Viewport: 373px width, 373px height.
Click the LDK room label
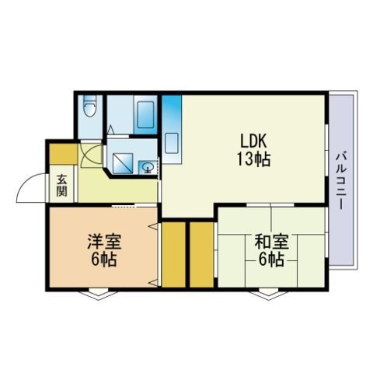click(x=253, y=141)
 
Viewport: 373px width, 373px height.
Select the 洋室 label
click(x=104, y=241)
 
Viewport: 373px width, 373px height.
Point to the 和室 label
click(x=271, y=241)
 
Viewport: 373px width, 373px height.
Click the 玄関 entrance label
click(x=62, y=186)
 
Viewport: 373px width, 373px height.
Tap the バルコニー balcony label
click(x=341, y=181)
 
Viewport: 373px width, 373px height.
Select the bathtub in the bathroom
click(x=145, y=114)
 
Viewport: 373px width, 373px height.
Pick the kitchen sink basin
click(x=172, y=143)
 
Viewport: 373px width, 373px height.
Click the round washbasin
click(x=148, y=167)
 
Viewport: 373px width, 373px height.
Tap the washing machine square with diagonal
click(x=123, y=164)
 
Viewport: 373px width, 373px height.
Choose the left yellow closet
click(x=173, y=255)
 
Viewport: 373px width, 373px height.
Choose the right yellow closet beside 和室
click(x=201, y=255)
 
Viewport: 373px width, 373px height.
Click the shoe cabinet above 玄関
click(x=64, y=154)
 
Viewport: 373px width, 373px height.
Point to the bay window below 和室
click(x=269, y=295)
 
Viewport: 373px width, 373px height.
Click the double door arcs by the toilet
click(x=91, y=155)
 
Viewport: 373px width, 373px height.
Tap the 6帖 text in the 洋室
click(x=104, y=259)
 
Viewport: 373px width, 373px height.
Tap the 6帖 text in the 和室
click(x=271, y=259)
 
